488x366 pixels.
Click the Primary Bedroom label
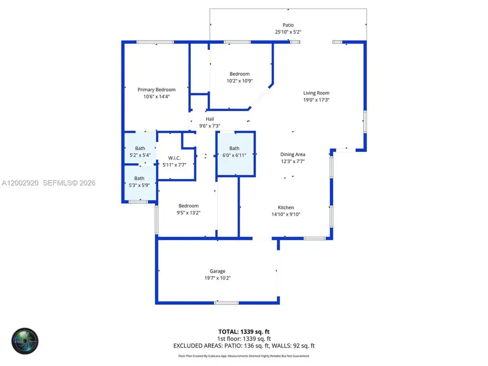click(157, 89)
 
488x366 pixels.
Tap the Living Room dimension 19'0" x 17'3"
click(316, 100)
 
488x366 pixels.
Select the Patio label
click(288, 25)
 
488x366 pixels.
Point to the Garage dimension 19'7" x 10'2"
click(217, 278)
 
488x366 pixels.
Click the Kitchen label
click(286, 208)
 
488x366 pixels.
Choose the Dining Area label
click(292, 155)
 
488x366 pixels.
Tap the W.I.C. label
click(174, 158)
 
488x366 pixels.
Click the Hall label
click(210, 119)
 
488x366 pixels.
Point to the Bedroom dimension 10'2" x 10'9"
click(239, 81)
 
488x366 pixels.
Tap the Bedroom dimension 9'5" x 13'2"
click(189, 213)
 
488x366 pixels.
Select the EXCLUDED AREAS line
click(244, 345)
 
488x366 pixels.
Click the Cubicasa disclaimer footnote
click(244, 356)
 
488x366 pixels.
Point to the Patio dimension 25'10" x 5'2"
click(288, 32)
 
